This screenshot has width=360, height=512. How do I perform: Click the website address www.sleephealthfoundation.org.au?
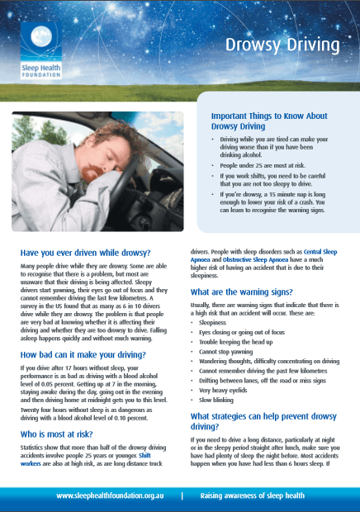[x=113, y=496]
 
